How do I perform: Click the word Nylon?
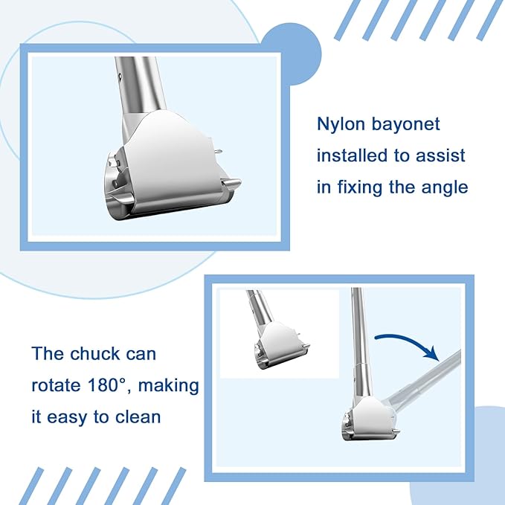(x=341, y=125)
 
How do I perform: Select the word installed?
(x=352, y=155)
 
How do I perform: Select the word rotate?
(x=56, y=385)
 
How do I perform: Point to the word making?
(x=168, y=386)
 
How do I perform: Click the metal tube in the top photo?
(x=141, y=84)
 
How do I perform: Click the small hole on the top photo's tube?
(x=120, y=77)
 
